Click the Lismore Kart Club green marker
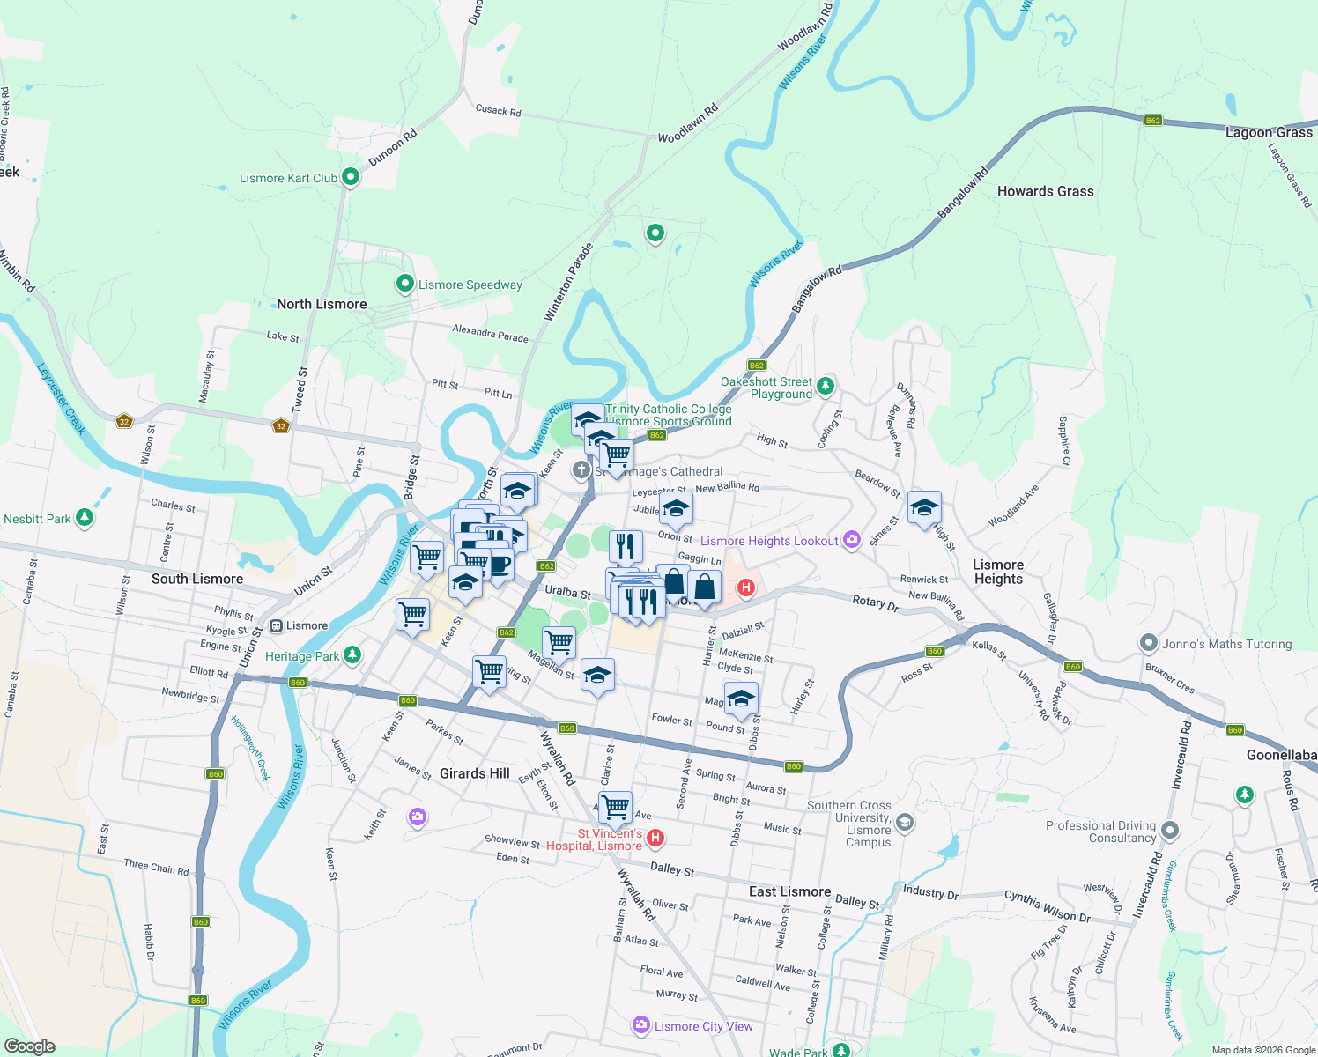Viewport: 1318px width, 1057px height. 350,177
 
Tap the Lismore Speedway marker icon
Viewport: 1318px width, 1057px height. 404,284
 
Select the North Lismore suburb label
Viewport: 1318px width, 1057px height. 322,304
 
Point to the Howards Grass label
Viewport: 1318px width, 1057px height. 1045,191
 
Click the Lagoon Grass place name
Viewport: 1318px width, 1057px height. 1269,132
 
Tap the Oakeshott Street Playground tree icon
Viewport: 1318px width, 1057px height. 825,386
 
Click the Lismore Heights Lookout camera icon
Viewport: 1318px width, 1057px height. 851,540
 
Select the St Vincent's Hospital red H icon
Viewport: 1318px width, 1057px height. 655,838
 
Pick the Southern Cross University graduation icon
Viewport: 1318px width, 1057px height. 904,823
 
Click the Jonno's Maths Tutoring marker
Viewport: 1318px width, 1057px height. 1148,643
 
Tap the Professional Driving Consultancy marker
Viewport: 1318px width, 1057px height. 1169,830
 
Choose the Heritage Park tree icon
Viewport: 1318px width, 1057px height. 352,654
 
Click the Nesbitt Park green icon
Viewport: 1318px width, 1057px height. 84,518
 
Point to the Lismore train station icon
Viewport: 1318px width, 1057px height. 276,625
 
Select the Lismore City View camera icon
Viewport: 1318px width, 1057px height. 640,1025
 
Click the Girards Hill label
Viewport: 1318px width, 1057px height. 474,773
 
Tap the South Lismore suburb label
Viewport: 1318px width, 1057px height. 196,579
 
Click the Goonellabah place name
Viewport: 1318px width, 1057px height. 1281,755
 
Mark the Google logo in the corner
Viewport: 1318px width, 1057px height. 29,1046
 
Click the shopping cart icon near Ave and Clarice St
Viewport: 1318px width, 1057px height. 615,805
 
